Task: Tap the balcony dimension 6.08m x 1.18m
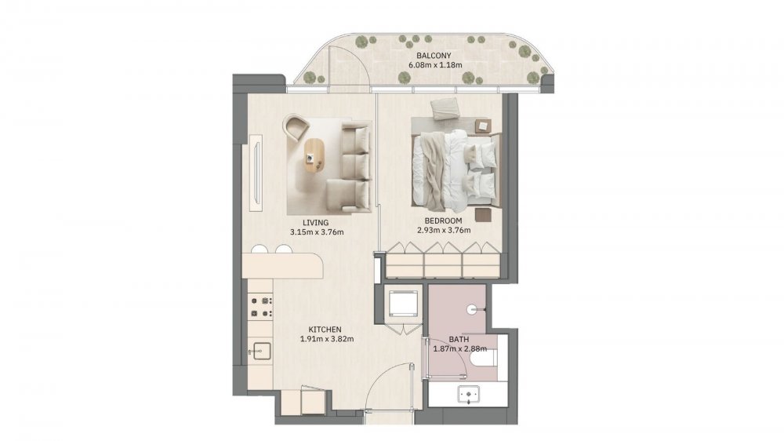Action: coord(435,65)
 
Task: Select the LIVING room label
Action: coord(315,223)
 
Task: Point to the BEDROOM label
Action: coord(443,220)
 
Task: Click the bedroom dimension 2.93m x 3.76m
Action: coord(444,231)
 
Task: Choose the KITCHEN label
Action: coord(325,330)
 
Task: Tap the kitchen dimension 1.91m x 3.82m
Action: coord(327,339)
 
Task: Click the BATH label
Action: coord(459,340)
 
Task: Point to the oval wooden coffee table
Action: coord(314,156)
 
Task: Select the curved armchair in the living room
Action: coord(296,128)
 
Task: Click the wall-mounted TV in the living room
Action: coord(257,172)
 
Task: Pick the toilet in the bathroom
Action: coord(485,357)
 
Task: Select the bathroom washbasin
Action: coord(469,395)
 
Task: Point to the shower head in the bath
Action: coord(472,310)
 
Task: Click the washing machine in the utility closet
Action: coord(403,302)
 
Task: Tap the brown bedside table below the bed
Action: coord(484,215)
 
